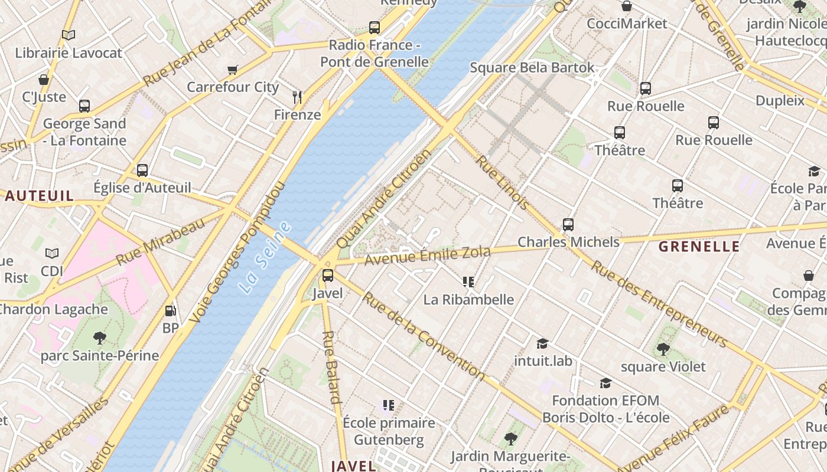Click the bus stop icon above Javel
tap(327, 276)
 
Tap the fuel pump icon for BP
tap(170, 310)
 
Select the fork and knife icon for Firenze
tap(297, 97)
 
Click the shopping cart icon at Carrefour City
tap(233, 70)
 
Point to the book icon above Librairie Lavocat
tap(69, 35)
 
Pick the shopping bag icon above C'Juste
tap(44, 79)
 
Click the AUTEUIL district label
tap(40, 196)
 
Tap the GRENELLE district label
tap(699, 247)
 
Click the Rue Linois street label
tap(503, 182)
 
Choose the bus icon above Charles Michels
tap(568, 225)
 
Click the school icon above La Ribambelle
tap(468, 282)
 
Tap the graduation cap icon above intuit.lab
tap(542, 343)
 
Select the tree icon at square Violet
tap(663, 349)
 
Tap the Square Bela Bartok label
tap(532, 67)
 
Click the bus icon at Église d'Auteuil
tap(142, 171)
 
